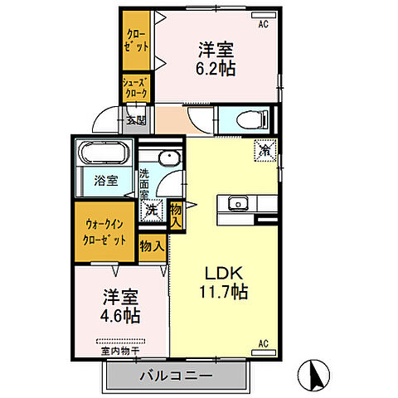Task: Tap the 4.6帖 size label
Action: coord(121,315)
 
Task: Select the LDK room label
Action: coord(219,274)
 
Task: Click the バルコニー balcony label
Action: coord(176,376)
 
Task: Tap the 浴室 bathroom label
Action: coord(105,180)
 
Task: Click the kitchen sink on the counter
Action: coord(235,203)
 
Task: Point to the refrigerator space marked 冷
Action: coord(264,152)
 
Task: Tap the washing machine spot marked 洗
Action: coord(152,211)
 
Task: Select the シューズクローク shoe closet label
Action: coord(135,88)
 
